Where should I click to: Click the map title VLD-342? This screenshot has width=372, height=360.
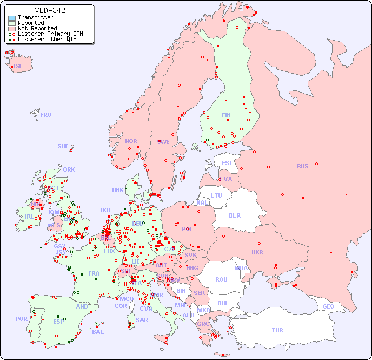click(50, 10)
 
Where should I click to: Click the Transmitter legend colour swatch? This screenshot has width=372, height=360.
click(12, 18)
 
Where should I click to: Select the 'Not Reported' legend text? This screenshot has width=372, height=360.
click(37, 29)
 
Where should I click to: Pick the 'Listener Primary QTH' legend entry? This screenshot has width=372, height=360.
click(50, 34)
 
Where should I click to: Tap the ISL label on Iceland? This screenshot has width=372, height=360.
click(18, 67)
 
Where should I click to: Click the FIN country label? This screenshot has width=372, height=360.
click(226, 115)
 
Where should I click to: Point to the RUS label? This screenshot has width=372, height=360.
click(302, 166)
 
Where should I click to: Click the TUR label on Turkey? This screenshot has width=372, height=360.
click(277, 330)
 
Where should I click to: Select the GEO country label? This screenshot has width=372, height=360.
click(328, 307)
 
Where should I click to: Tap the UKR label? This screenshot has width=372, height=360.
click(257, 252)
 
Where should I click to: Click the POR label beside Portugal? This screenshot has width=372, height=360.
click(21, 319)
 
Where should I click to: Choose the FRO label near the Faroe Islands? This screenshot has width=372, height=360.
click(46, 115)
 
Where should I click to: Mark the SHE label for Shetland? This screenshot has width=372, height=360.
click(63, 146)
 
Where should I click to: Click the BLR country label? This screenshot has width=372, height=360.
click(234, 215)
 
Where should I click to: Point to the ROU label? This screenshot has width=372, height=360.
click(221, 279)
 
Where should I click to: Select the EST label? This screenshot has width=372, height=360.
click(227, 163)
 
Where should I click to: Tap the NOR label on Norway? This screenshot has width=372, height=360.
click(131, 141)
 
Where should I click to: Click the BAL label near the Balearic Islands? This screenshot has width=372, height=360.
click(97, 332)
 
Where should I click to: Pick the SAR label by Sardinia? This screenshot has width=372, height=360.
click(142, 320)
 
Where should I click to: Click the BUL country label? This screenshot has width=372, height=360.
click(223, 303)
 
